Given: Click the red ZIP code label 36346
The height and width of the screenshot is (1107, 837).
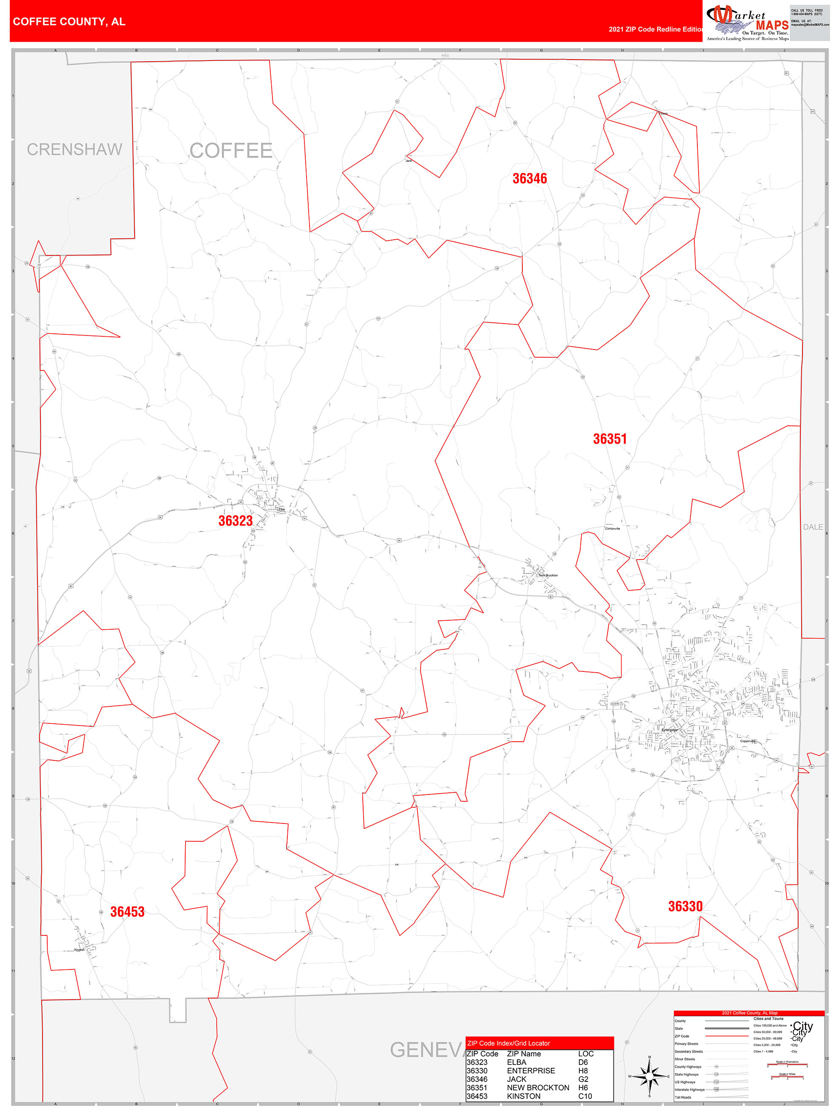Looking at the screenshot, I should coord(529,179).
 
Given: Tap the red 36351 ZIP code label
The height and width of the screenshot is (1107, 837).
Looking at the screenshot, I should coord(609,439).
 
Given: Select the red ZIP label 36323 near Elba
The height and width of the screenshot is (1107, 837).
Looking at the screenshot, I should coord(235,521).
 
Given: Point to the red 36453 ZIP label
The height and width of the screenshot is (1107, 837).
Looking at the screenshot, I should coord(127,912).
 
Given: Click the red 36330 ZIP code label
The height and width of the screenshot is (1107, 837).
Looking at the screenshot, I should coord(685,906).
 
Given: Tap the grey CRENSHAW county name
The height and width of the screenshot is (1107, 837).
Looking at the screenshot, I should coord(75,149).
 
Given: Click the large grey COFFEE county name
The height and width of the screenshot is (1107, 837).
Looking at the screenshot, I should coord(231,151).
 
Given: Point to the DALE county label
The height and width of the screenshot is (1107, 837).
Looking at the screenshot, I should coord(812,527).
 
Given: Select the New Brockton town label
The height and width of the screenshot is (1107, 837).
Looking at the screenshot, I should coord(548,576).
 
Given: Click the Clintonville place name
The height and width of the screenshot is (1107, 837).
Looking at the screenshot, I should coord(612,528).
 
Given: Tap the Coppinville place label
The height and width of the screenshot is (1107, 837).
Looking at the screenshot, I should coord(748,741).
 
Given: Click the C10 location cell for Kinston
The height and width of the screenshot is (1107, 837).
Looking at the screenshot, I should coord(585,1096).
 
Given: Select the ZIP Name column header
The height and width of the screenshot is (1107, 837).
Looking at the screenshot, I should coord(524,1054).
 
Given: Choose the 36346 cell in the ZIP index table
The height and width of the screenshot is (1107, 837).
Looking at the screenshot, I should coord(477,1079).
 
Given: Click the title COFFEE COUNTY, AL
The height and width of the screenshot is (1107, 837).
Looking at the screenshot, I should coord(69,22).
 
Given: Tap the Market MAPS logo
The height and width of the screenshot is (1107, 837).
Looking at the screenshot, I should coord(747,23).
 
